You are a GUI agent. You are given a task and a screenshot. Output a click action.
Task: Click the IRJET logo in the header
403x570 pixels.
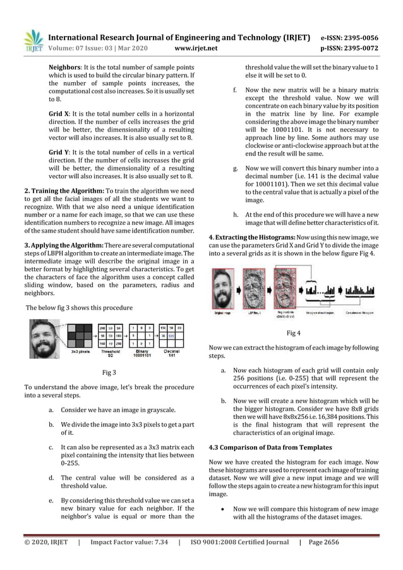(32, 39)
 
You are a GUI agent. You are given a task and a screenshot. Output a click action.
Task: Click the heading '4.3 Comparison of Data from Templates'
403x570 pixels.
(268, 449)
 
